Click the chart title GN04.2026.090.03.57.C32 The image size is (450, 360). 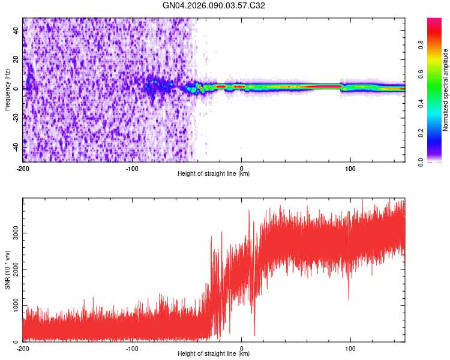pyautogui.click(x=214, y=5)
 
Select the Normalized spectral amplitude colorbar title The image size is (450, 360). pyautogui.click(x=445, y=91)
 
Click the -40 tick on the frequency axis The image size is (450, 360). pyautogui.click(x=15, y=147)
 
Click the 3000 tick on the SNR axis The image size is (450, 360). pyautogui.click(x=13, y=233)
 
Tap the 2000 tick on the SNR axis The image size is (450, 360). pyautogui.click(x=13, y=269)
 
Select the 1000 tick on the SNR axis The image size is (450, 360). pyautogui.click(x=13, y=306)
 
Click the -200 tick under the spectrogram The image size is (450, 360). pyautogui.click(x=23, y=167)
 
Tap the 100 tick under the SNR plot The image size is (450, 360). pyautogui.click(x=350, y=347)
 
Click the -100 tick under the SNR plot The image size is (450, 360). pyautogui.click(x=132, y=347)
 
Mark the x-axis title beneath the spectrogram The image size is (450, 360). pyautogui.click(x=214, y=174)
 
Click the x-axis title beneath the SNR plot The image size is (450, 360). pyautogui.click(x=214, y=354)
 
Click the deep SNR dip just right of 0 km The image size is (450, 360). pyautogui.click(x=254, y=334)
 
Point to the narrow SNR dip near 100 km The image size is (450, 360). pyautogui.click(x=349, y=298)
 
